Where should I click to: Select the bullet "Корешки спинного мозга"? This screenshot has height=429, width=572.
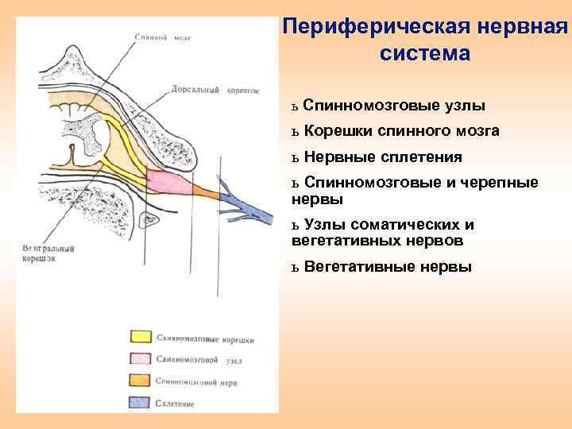(x=401, y=131)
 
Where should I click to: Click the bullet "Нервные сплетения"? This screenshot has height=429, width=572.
(x=382, y=157)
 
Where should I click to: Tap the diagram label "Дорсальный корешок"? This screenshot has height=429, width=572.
(x=214, y=90)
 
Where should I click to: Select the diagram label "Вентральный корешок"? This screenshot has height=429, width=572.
(x=48, y=253)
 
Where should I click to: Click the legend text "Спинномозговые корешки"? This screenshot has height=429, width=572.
(x=205, y=339)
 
